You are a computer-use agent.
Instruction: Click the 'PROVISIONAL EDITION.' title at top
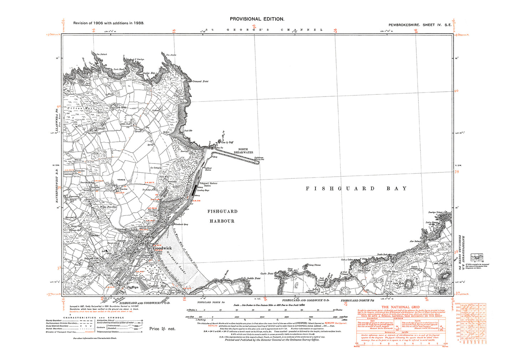click(x=257, y=19)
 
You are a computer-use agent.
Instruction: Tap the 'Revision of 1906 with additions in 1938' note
click(x=109, y=23)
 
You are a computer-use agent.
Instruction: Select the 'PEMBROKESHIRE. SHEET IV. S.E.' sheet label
click(x=420, y=25)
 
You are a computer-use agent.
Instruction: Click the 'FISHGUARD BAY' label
click(x=356, y=188)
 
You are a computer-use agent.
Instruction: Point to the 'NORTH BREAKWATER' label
click(x=243, y=151)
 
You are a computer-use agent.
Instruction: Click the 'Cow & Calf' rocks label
click(x=228, y=142)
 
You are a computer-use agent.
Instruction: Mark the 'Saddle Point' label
click(x=253, y=278)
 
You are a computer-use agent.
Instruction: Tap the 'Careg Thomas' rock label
click(x=315, y=265)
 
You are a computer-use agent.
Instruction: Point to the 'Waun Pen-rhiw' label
click(x=108, y=207)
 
